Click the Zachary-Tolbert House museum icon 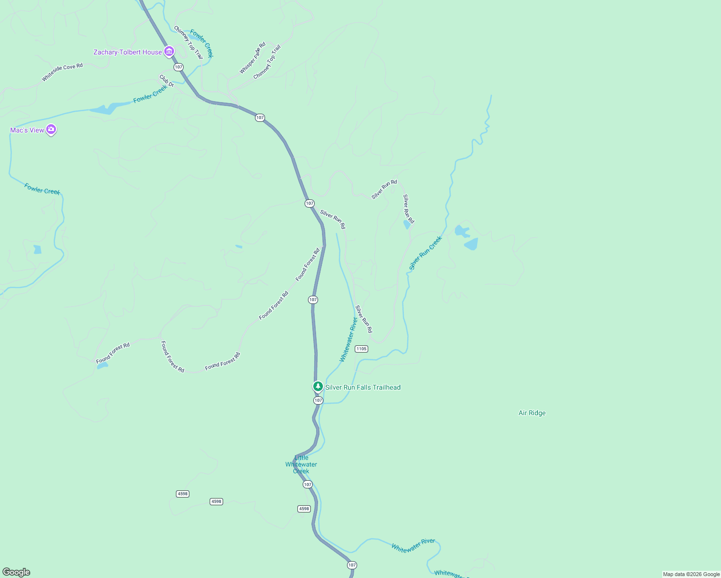coord(169,52)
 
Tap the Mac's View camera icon coord(51,130)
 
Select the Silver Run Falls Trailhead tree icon coord(318,386)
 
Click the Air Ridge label coord(532,413)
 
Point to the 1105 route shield coord(361,349)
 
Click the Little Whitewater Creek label coord(301,464)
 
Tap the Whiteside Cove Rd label coord(62,72)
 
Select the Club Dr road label coord(167,81)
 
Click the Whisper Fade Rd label coord(253,58)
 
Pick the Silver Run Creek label coord(425,253)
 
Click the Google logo coord(16,572)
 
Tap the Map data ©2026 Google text coord(691,574)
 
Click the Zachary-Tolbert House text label coord(128,52)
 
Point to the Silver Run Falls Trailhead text coord(363,387)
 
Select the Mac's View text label coord(27,130)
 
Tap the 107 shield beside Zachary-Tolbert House coord(179,67)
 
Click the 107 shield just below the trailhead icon coord(318,400)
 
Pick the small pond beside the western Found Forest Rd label coord(102,366)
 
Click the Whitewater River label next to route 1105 coord(348,339)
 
